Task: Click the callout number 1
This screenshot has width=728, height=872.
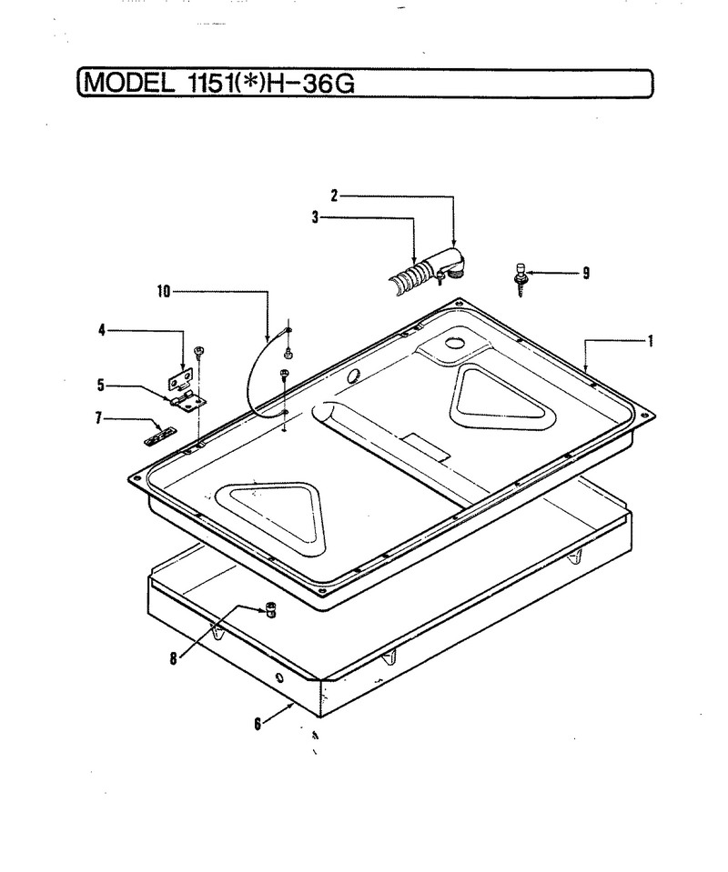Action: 650,341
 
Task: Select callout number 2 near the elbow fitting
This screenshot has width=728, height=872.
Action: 334,195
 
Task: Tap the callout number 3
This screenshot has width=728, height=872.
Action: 316,217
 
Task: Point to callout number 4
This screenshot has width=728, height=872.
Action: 102,330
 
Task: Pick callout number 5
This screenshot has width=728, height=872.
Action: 101,385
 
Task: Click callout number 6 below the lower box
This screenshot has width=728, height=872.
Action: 258,724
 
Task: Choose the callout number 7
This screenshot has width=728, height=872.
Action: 98,417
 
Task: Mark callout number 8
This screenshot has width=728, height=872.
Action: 174,659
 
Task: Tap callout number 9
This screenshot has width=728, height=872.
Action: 586,273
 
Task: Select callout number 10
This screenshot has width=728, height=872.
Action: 164,291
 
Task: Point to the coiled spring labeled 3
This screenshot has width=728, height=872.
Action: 409,278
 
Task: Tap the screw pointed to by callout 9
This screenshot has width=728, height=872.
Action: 520,278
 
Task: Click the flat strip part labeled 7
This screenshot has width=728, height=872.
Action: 160,436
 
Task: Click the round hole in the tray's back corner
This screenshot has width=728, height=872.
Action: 455,342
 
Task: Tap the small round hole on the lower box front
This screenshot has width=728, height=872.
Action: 278,678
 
